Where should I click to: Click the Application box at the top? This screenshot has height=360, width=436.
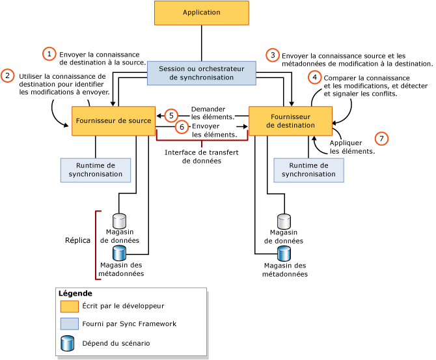click(x=201, y=13)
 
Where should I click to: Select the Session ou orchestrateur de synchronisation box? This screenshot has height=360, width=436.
click(x=201, y=73)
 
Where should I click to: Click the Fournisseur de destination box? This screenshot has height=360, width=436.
click(x=287, y=121)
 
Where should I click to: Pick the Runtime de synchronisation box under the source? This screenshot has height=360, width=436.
click(x=96, y=170)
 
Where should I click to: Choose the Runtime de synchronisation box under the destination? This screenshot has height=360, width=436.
click(x=308, y=170)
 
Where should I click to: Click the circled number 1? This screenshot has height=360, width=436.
click(x=49, y=54)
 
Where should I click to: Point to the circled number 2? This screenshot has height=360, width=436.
click(x=8, y=76)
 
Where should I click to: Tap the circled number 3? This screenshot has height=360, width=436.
click(x=273, y=55)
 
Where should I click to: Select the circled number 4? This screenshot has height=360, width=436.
click(x=315, y=77)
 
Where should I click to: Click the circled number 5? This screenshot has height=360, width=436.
click(x=171, y=115)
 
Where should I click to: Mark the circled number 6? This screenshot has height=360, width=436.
click(x=182, y=127)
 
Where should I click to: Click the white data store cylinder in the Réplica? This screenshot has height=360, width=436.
click(x=119, y=220)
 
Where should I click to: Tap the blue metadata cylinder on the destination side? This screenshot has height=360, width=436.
click(x=284, y=253)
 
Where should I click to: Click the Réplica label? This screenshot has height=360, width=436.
click(x=77, y=240)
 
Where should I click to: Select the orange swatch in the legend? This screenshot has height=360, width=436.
click(x=69, y=306)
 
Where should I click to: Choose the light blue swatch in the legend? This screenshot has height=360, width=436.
click(x=69, y=324)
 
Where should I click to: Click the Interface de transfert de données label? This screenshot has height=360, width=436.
click(x=201, y=156)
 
